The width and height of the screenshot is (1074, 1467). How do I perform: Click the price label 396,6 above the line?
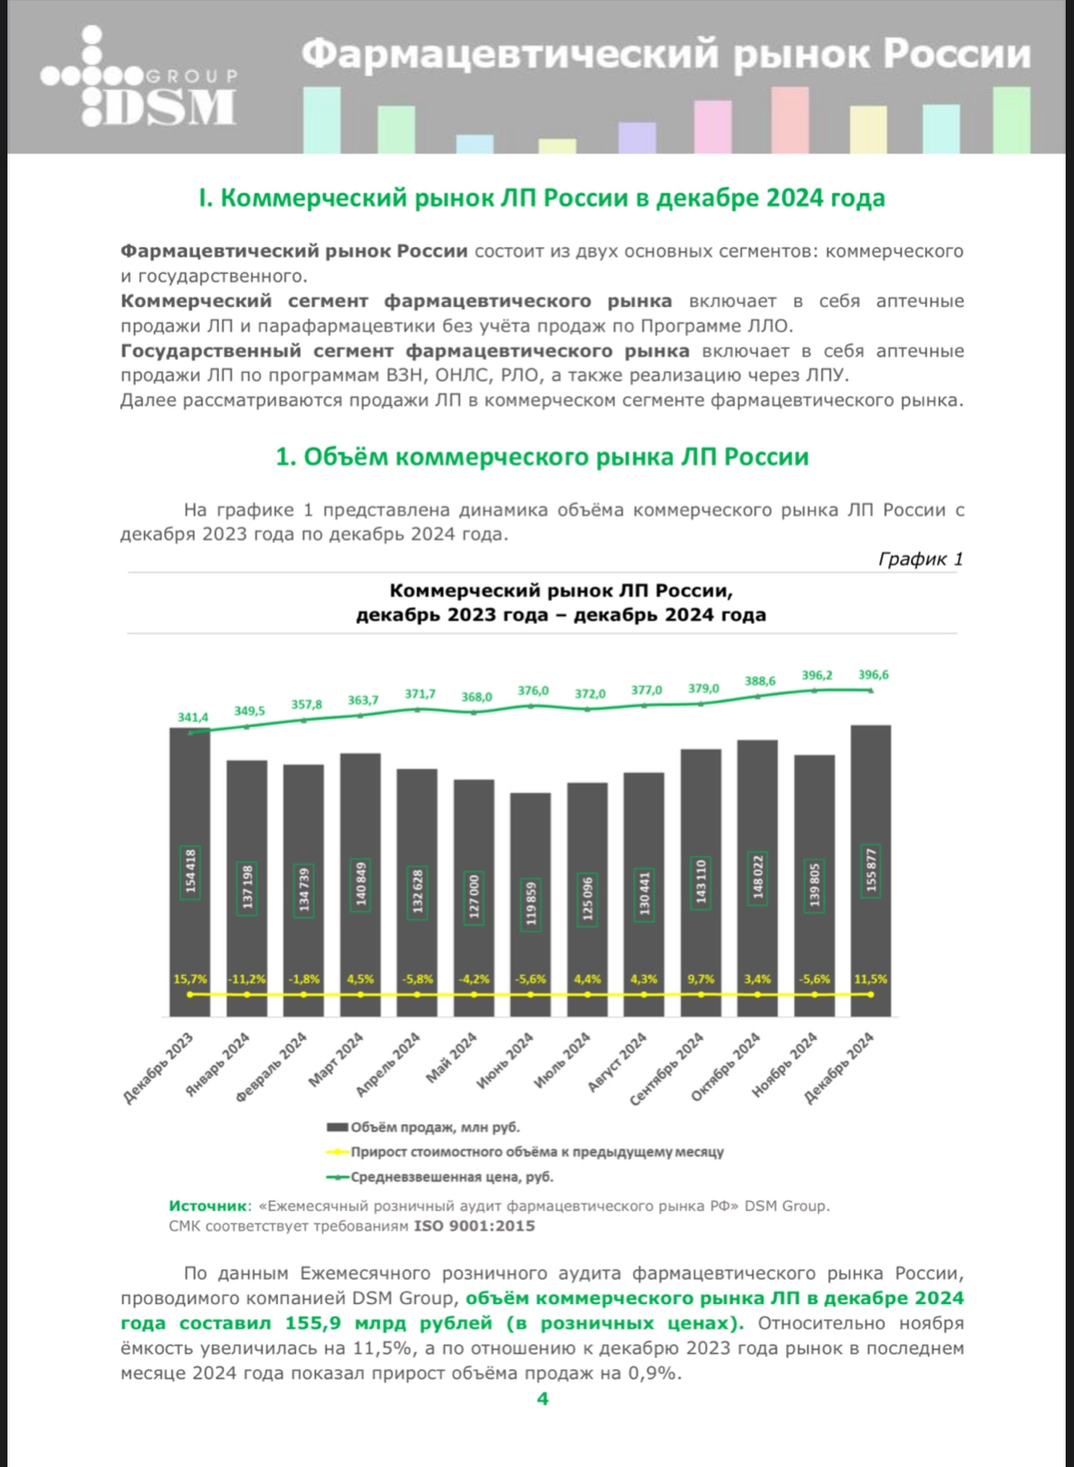(874, 675)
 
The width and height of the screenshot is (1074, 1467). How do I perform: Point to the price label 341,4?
(192, 717)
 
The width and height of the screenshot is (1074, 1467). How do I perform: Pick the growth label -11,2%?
(247, 979)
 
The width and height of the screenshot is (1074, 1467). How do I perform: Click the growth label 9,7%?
(701, 979)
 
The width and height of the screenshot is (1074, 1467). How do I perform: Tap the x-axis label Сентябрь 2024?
(668, 1069)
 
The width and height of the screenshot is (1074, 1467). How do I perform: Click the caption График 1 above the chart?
(920, 559)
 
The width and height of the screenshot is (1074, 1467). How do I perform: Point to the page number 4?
(542, 1398)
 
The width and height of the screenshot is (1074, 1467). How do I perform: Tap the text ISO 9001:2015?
(473, 1226)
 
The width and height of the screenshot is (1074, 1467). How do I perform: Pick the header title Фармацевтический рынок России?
(666, 55)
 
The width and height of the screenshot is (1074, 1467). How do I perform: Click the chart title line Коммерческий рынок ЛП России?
(561, 591)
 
